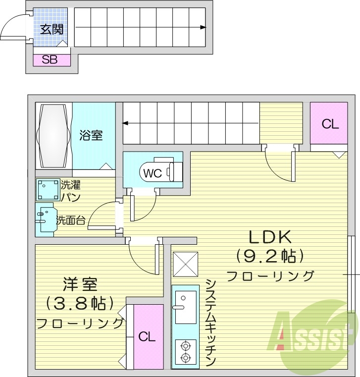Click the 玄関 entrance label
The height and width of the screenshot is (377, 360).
click(x=51, y=29)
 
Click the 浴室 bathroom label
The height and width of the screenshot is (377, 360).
click(x=92, y=135)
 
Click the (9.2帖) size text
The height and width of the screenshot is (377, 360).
click(x=269, y=256)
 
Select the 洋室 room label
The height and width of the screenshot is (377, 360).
click(x=80, y=284)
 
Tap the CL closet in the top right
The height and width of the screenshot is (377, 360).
click(x=329, y=124)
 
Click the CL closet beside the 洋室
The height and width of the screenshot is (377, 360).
click(x=147, y=337)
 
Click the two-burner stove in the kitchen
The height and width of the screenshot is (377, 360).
click(x=185, y=351)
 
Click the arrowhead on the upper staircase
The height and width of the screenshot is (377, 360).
click(x=203, y=27)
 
